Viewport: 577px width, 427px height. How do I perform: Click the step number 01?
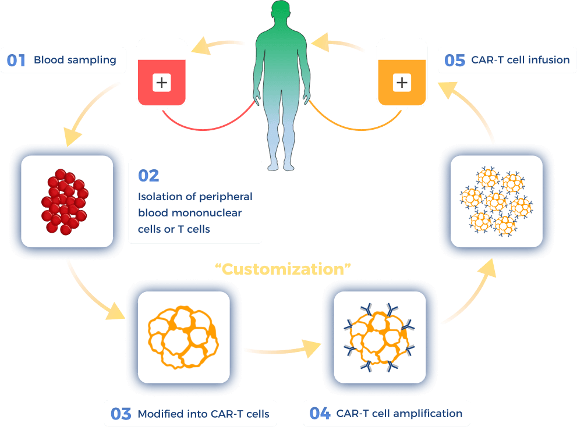(x=16, y=60)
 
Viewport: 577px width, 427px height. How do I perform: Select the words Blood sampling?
(x=75, y=60)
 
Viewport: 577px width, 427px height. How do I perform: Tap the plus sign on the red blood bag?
(x=161, y=83)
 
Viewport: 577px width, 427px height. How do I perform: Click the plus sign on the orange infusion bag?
(x=401, y=83)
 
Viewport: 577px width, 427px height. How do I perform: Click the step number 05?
(x=455, y=61)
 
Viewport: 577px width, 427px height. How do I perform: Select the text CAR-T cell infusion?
(x=521, y=60)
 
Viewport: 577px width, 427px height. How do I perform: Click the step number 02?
(x=148, y=176)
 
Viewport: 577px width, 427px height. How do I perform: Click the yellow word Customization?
(x=283, y=269)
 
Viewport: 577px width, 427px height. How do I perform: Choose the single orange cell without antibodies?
(x=182, y=336)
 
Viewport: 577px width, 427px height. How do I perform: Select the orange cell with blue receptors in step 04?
(x=379, y=338)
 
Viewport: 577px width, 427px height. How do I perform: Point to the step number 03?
(x=121, y=414)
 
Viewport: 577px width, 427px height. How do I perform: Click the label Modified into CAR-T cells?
(x=203, y=414)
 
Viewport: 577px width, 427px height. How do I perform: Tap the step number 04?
(x=320, y=414)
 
